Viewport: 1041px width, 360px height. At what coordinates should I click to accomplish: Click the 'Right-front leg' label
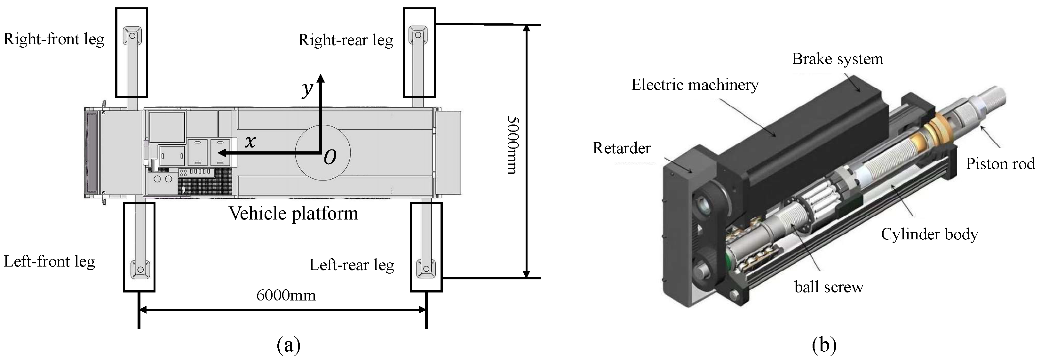click(54, 39)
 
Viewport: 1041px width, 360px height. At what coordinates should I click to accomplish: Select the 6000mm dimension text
click(286, 295)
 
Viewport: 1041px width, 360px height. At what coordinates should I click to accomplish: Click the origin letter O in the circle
click(330, 157)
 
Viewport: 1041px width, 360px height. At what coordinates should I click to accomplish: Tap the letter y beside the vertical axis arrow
click(307, 89)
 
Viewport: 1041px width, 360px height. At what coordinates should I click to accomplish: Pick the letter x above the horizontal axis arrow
click(250, 141)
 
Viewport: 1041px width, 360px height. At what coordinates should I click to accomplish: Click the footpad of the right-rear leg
click(418, 36)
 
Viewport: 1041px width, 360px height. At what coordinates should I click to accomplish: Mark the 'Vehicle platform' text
click(293, 213)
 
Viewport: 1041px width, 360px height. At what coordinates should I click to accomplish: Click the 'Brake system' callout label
click(837, 59)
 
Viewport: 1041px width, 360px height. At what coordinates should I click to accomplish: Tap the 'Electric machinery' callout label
click(695, 85)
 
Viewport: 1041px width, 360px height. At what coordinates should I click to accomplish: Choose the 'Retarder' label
click(621, 148)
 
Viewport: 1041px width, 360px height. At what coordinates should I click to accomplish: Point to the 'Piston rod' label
click(1000, 164)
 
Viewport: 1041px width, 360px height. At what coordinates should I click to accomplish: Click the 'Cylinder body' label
click(929, 234)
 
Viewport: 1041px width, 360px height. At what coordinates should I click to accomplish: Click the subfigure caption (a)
click(289, 346)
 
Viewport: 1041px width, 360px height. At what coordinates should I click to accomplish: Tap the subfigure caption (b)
click(824, 346)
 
